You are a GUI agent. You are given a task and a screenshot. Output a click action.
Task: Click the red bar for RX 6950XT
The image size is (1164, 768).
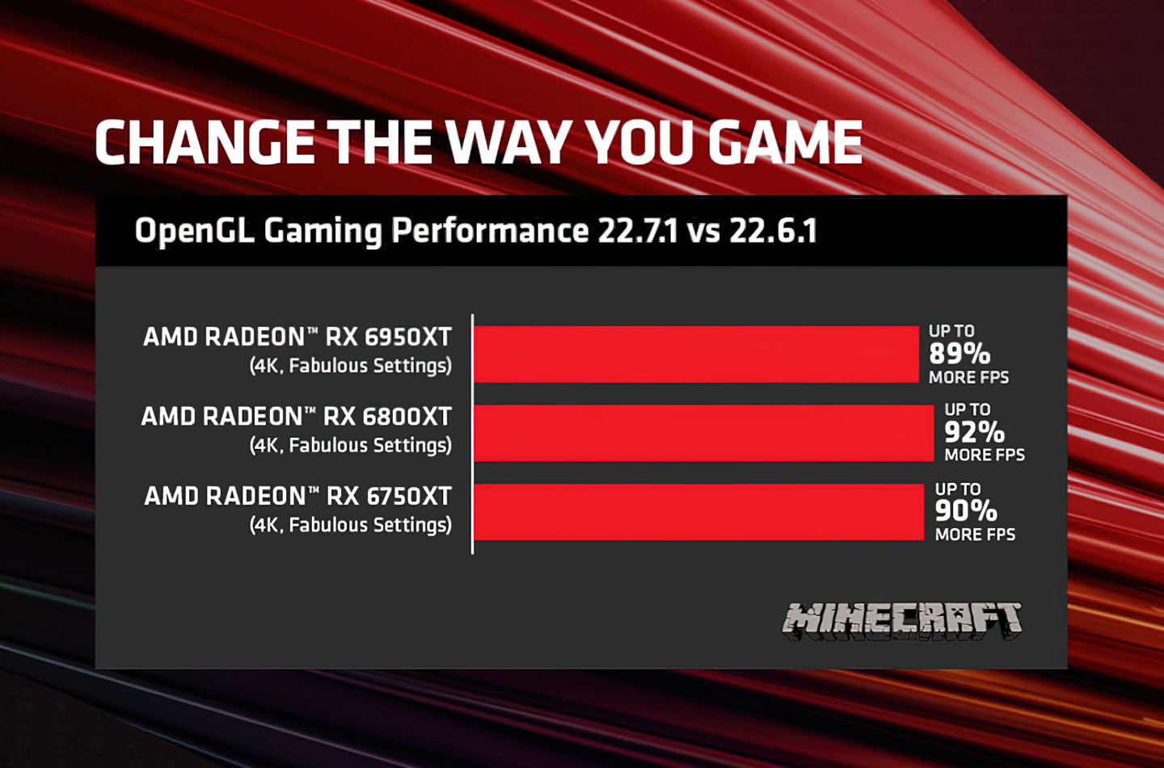click(696, 354)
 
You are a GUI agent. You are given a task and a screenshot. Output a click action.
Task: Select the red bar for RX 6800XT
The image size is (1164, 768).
click(703, 433)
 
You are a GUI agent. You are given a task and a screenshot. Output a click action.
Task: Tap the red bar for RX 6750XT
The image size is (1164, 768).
click(698, 512)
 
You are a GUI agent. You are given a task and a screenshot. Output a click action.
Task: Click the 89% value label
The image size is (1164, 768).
click(959, 354)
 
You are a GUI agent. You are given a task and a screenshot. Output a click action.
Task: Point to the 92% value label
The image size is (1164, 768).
click(975, 432)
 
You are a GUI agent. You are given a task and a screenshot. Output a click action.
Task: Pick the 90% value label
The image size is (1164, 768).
click(966, 510)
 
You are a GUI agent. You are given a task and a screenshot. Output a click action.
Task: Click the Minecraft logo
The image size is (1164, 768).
click(902, 620)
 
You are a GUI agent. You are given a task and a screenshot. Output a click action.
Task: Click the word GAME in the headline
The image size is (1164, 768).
click(785, 143)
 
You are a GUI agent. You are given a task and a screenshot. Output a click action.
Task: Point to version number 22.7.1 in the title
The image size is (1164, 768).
click(637, 231)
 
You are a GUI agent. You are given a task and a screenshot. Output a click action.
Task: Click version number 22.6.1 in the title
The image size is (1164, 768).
click(773, 231)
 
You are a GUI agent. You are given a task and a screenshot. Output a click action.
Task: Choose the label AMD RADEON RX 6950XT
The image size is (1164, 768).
click(297, 337)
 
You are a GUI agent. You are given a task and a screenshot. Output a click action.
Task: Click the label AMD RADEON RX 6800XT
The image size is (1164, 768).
click(297, 417)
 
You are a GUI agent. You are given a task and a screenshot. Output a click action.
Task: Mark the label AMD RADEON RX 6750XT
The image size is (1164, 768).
click(297, 496)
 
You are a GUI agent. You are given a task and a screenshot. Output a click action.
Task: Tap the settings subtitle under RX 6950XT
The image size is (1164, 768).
click(350, 366)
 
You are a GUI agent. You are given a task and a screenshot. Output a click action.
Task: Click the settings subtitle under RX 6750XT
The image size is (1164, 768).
click(350, 525)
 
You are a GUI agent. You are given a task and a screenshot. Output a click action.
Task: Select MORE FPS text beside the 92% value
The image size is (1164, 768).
click(985, 455)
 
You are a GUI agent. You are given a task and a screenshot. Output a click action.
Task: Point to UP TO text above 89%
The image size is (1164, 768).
click(951, 331)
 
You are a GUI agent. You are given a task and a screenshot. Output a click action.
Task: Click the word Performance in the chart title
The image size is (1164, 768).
click(490, 231)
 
